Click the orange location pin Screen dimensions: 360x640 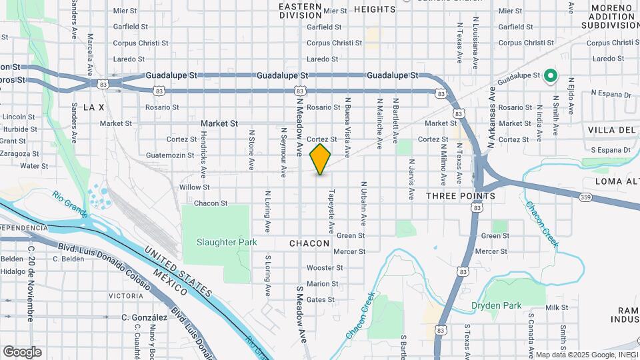[321, 159]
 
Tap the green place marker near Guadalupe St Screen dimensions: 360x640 [551, 76]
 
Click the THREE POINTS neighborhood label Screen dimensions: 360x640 [461, 196]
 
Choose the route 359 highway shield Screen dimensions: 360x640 [585, 197]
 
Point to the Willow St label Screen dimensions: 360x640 [194, 187]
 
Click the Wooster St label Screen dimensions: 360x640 [325, 268]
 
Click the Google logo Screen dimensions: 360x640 [22, 352]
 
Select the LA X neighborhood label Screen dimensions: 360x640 [94, 107]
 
